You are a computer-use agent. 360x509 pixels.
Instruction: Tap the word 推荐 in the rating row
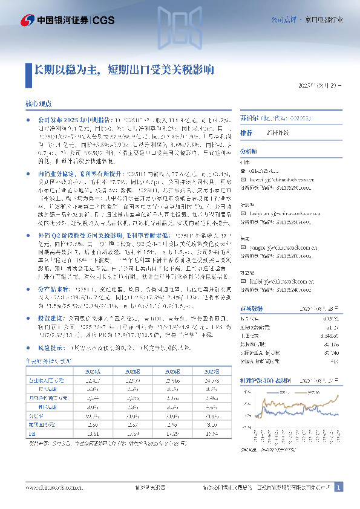(x=246, y=132)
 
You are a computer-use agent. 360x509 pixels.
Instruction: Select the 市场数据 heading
(x=251, y=308)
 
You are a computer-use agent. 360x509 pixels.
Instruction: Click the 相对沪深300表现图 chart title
(x=266, y=382)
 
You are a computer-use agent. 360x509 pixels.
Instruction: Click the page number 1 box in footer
(x=339, y=487)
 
